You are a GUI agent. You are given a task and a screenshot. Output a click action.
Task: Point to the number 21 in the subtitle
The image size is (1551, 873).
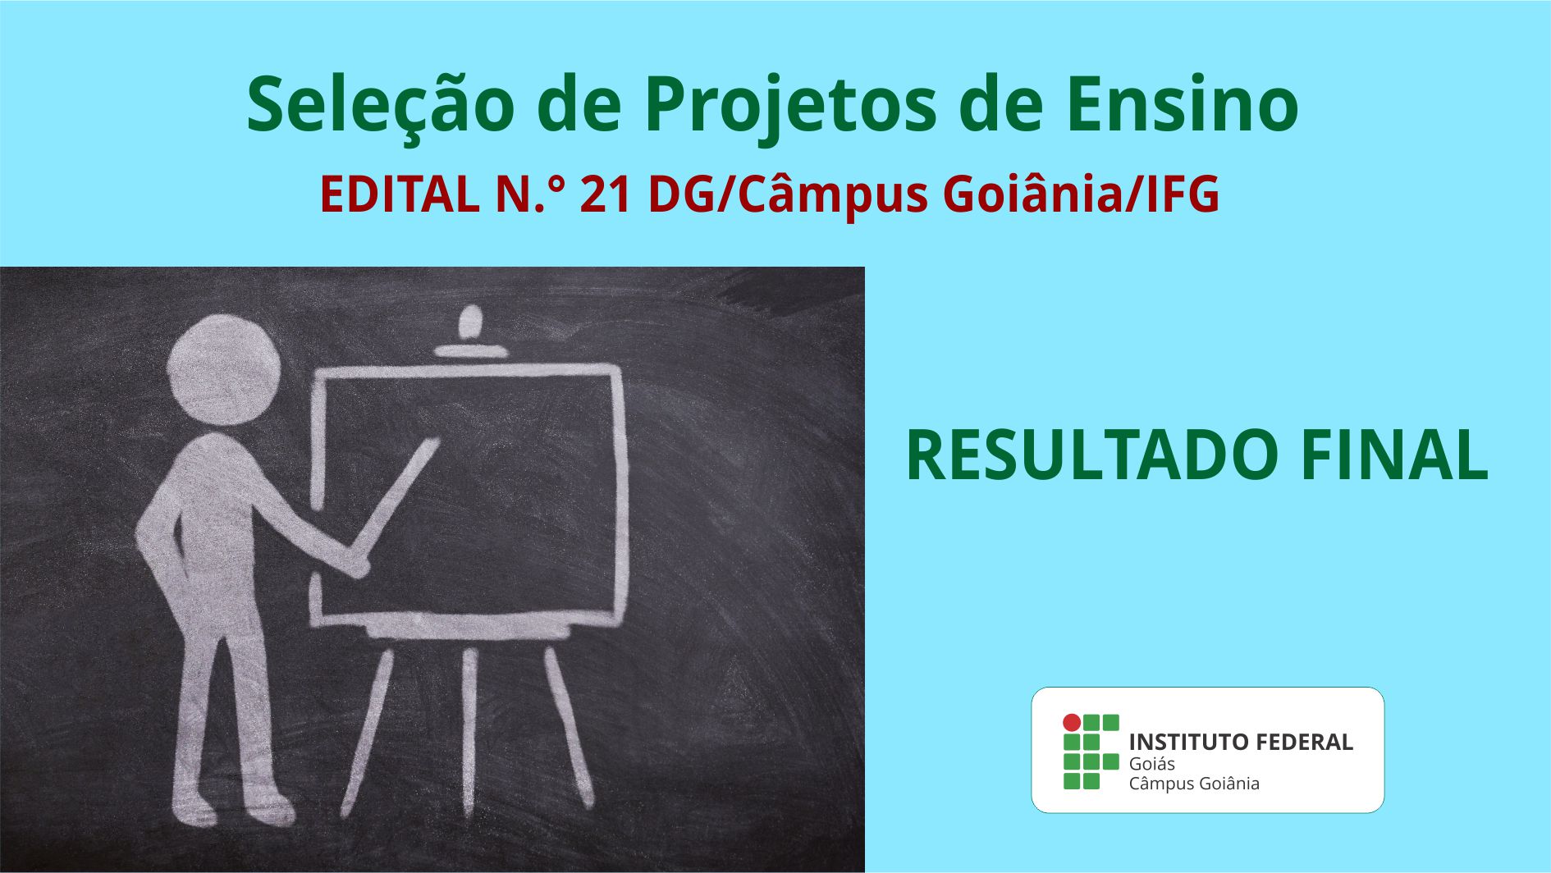click(606, 194)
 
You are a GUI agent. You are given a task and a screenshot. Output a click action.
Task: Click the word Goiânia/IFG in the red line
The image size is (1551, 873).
click(1081, 195)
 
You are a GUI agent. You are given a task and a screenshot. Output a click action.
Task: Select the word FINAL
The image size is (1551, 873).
click(1394, 455)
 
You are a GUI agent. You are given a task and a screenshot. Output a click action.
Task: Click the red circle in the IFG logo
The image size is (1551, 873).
click(1072, 723)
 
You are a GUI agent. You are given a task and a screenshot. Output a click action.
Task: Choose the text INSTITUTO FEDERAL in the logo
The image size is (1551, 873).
click(1241, 742)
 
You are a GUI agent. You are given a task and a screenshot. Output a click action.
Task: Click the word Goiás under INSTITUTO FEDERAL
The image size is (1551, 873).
click(1151, 764)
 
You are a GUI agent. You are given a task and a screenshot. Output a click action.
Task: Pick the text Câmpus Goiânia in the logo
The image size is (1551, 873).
click(1194, 784)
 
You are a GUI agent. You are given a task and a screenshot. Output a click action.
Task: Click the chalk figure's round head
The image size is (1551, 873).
click(224, 370)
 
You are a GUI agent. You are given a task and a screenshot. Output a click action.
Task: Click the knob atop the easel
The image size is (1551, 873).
click(471, 322)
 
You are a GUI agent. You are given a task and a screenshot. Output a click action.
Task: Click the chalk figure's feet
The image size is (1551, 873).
click(234, 807)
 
